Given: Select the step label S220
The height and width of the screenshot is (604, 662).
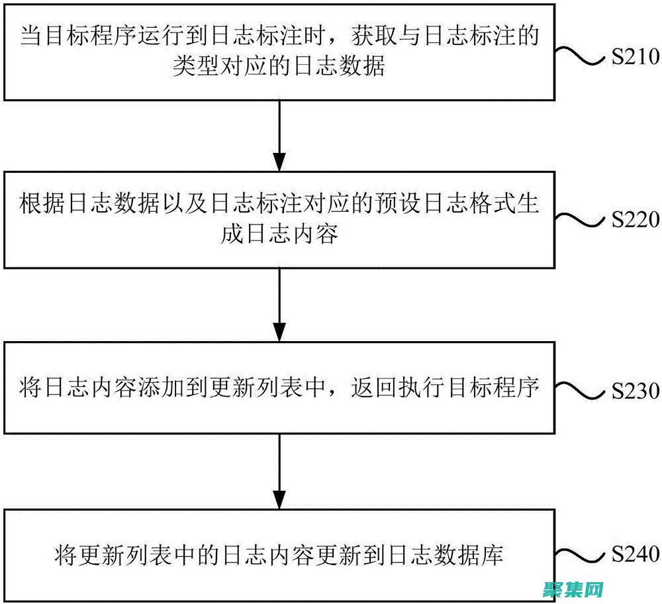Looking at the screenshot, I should coord(634,220).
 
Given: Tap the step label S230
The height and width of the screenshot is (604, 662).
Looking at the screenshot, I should coord(634,390).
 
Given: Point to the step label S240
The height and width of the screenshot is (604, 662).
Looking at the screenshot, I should coord(634,554).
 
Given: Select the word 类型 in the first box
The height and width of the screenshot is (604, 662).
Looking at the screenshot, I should coord(195,67).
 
